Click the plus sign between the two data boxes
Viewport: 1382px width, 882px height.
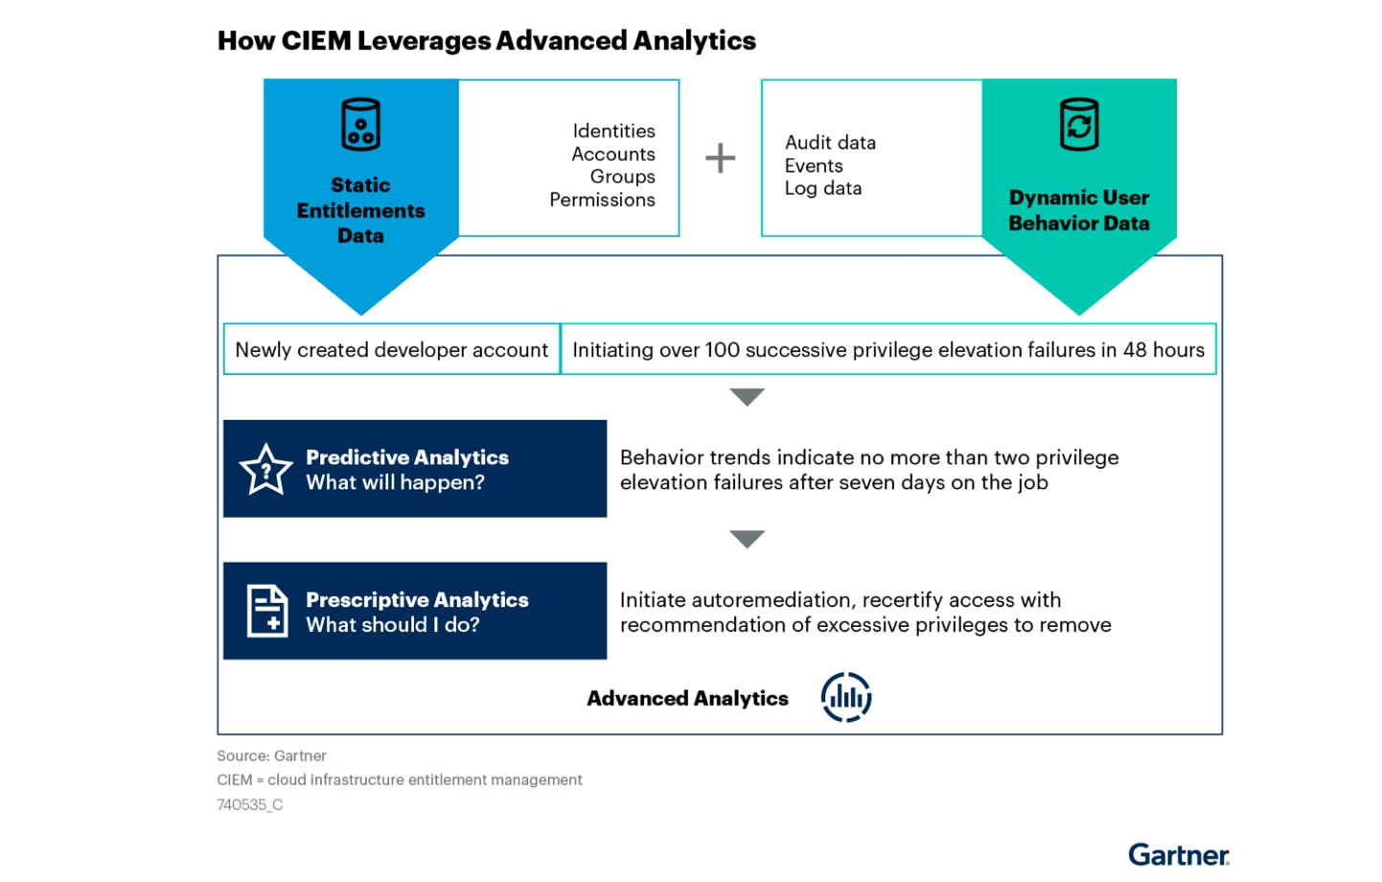720,158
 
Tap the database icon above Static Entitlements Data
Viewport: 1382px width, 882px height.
360,125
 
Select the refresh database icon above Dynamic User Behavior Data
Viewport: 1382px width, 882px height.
1078,125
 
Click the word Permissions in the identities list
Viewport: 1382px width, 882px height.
602,199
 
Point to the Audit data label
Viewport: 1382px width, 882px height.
830,143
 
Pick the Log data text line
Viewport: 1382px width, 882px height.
822,188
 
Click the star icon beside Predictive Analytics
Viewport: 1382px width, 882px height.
265,470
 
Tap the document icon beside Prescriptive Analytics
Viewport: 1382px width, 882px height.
267,611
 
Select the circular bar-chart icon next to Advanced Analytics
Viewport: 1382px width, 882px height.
845,697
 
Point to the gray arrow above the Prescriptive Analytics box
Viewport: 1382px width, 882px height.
747,539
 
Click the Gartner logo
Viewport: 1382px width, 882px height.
1178,854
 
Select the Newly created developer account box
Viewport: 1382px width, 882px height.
391,350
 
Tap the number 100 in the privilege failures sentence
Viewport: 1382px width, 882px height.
722,350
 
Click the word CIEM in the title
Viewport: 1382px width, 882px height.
316,40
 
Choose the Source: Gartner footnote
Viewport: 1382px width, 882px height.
271,755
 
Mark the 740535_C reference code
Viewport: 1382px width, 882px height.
249,804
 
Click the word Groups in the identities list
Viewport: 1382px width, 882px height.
622,176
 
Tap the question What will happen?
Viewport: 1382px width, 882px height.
395,482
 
